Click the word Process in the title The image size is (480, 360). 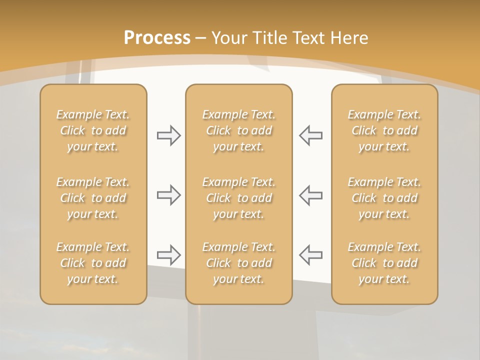(157, 38)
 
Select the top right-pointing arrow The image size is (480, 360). (169, 135)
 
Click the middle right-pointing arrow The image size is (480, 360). (169, 195)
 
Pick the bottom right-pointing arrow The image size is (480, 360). (169, 255)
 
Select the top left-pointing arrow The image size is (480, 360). (311, 135)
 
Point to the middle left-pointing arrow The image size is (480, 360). (311, 195)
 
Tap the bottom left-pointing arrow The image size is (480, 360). (311, 255)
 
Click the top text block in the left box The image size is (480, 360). (93, 130)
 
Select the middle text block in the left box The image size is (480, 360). (93, 198)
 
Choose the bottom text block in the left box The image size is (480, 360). (93, 263)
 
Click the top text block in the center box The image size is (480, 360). (239, 130)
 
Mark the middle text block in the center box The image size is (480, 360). (239, 198)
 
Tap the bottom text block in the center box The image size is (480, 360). (239, 263)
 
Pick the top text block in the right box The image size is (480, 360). (384, 130)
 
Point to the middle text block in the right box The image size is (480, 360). (384, 198)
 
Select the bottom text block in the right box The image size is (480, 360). (384, 263)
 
